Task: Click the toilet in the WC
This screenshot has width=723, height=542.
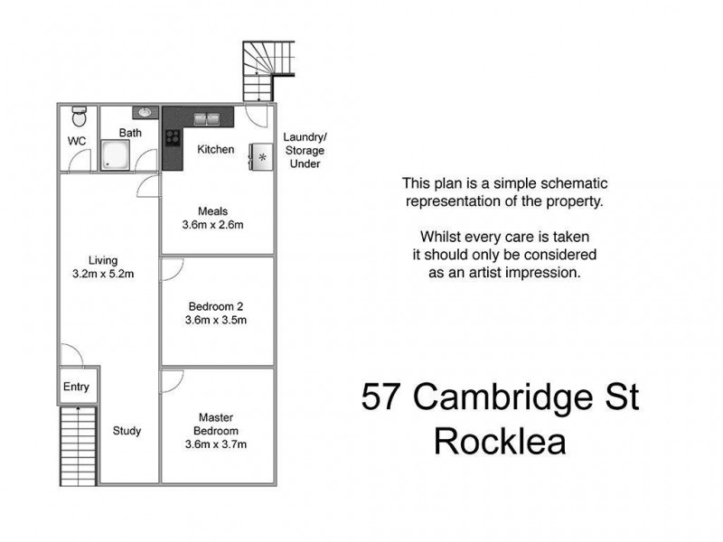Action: (79, 117)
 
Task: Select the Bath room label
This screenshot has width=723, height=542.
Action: (130, 133)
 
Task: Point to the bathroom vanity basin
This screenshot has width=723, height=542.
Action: (145, 113)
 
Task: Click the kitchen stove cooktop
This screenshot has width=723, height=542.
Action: (172, 138)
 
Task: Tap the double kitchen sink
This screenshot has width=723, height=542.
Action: (206, 117)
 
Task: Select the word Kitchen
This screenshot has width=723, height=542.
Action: (215, 149)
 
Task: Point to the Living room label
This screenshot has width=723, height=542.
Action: (103, 261)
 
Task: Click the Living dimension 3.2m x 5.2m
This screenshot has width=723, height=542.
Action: (103, 275)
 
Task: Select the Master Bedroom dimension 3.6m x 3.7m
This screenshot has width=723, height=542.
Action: (215, 444)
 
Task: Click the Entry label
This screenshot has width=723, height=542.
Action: (76, 388)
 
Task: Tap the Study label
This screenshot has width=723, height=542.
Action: (127, 431)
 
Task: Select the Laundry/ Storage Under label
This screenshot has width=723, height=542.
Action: (304, 150)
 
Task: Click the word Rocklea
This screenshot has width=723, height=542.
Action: (500, 443)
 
